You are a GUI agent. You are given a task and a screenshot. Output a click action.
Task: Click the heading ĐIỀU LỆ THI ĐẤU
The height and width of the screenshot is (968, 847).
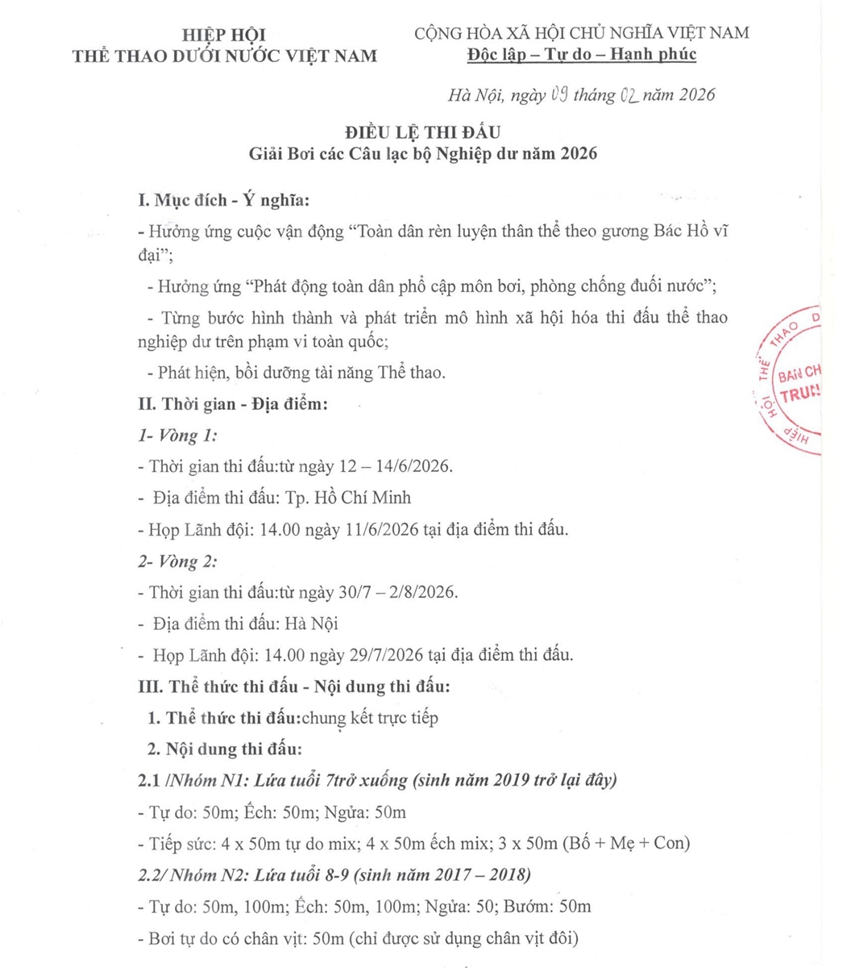click(422, 132)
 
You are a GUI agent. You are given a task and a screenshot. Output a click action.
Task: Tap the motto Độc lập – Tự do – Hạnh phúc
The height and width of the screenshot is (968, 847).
click(581, 54)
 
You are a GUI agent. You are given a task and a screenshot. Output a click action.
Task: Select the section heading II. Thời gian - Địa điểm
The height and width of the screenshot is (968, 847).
click(234, 404)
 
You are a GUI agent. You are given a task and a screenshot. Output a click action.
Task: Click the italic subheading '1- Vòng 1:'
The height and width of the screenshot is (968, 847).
click(179, 436)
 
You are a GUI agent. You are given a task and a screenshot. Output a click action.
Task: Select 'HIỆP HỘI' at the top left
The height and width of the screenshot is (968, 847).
click(224, 35)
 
